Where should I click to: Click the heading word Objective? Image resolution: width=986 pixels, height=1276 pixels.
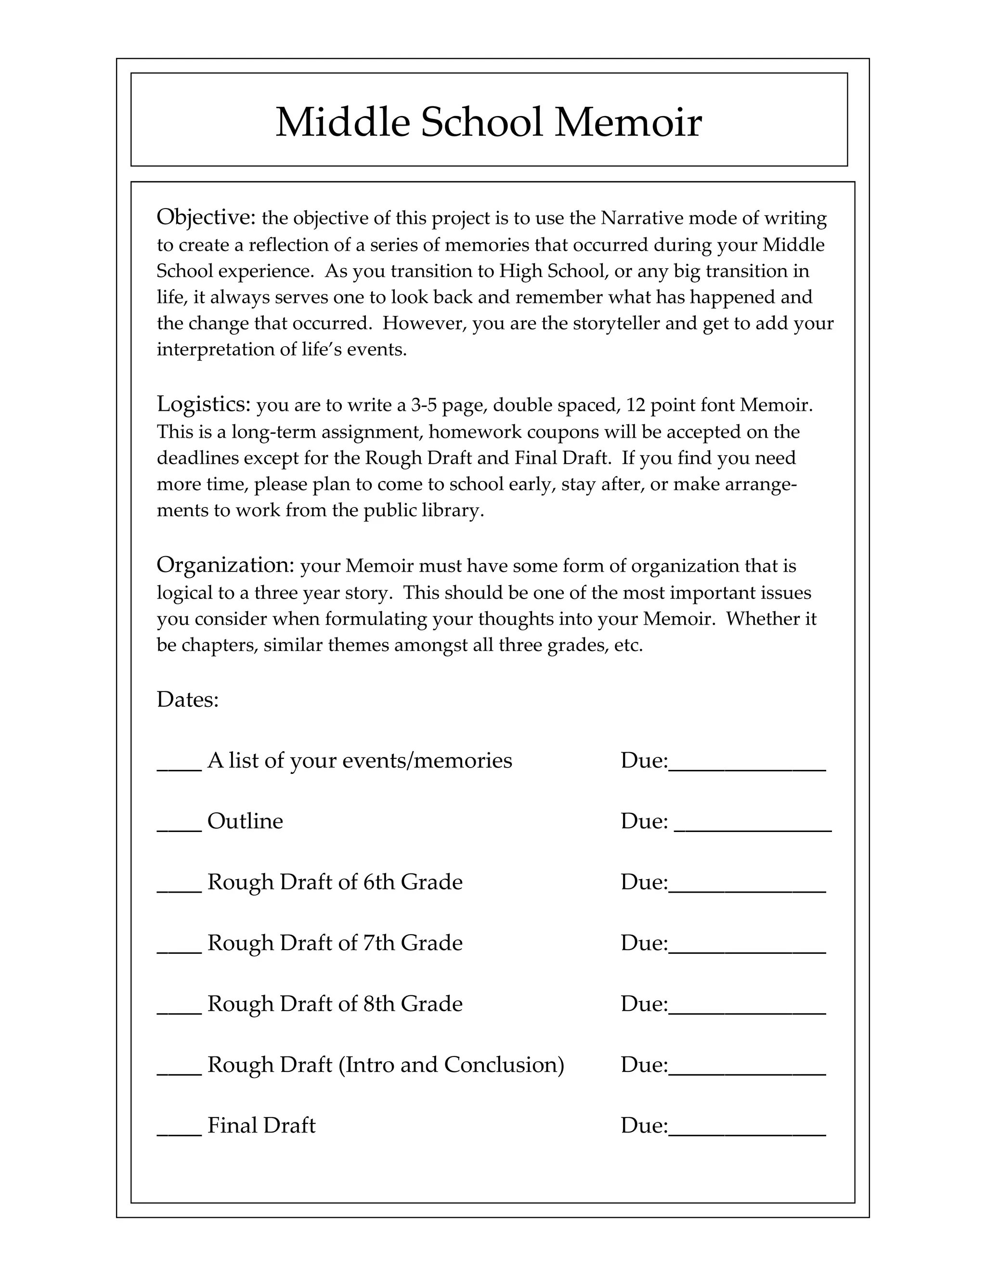[x=206, y=217]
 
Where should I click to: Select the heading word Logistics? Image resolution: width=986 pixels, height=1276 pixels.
[x=203, y=404]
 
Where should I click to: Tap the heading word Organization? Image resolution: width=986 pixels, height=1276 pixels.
[x=225, y=565]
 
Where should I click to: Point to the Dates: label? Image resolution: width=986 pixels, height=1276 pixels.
[x=187, y=699]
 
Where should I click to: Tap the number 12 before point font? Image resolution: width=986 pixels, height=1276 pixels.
[x=635, y=405]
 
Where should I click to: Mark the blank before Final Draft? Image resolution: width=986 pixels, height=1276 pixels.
[x=179, y=1133]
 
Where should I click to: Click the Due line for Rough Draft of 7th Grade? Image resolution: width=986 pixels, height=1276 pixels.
[x=747, y=950]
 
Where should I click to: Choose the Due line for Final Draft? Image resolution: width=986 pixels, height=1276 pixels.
[x=747, y=1133]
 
